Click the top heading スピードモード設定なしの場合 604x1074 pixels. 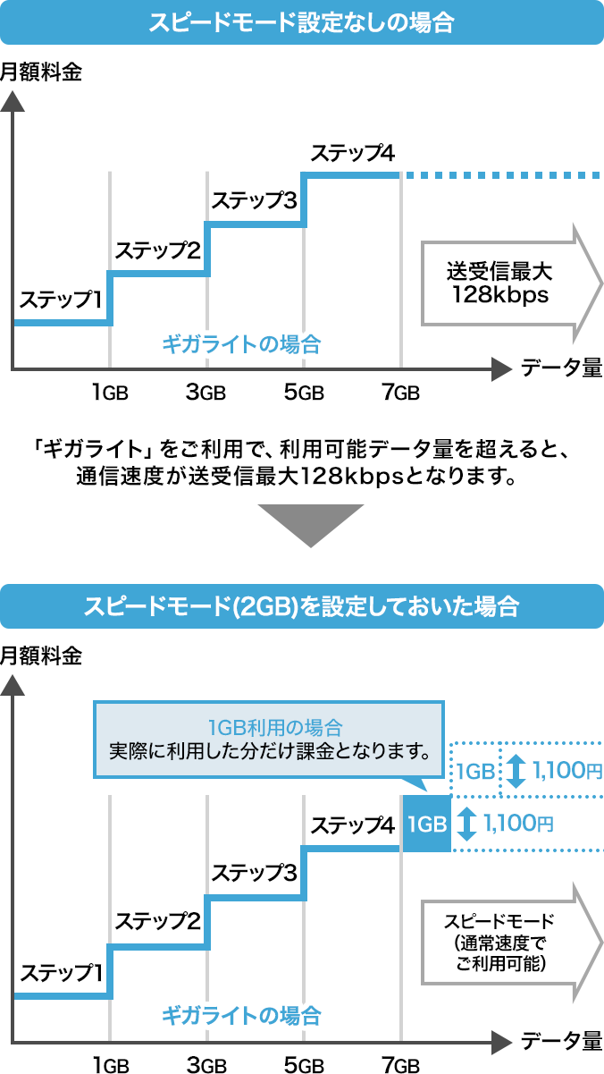coord(301,22)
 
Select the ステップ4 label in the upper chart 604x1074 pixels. coord(352,153)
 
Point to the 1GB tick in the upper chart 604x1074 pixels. coord(110,392)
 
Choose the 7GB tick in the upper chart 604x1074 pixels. coord(399,392)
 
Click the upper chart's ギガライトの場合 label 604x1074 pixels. coord(241,344)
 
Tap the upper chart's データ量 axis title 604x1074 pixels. coord(561,368)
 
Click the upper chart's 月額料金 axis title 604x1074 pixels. coord(41,72)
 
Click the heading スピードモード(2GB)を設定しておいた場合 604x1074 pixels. coord(301,606)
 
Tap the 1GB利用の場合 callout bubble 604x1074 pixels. coord(268,739)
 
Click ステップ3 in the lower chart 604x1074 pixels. coord(255,873)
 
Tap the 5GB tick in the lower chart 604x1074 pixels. coord(303,1065)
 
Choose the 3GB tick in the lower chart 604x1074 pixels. coord(206,1065)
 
